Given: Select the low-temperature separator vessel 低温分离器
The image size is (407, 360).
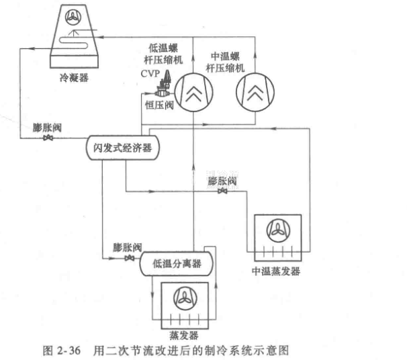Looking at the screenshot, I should click(177, 264).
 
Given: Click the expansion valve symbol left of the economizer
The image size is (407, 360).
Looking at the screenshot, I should click(48, 138).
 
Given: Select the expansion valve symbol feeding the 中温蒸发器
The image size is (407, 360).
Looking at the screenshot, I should click(222, 191).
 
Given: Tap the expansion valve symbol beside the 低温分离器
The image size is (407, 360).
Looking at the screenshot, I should click(130, 259).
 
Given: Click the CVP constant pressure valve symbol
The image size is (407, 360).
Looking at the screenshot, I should click(163, 86).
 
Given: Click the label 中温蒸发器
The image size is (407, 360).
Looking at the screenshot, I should click(275, 271).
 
